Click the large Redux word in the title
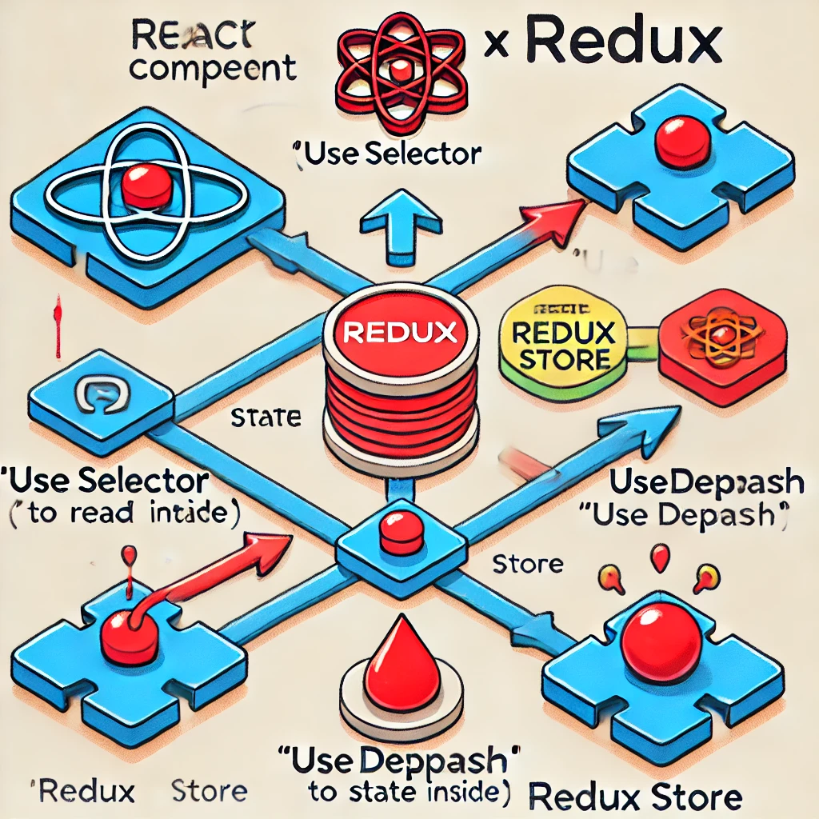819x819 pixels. click(x=624, y=46)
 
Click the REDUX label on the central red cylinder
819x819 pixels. click(x=402, y=332)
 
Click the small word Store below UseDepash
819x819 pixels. click(x=528, y=563)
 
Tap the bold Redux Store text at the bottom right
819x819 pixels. click(x=636, y=797)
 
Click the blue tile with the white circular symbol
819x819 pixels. click(x=101, y=394)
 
